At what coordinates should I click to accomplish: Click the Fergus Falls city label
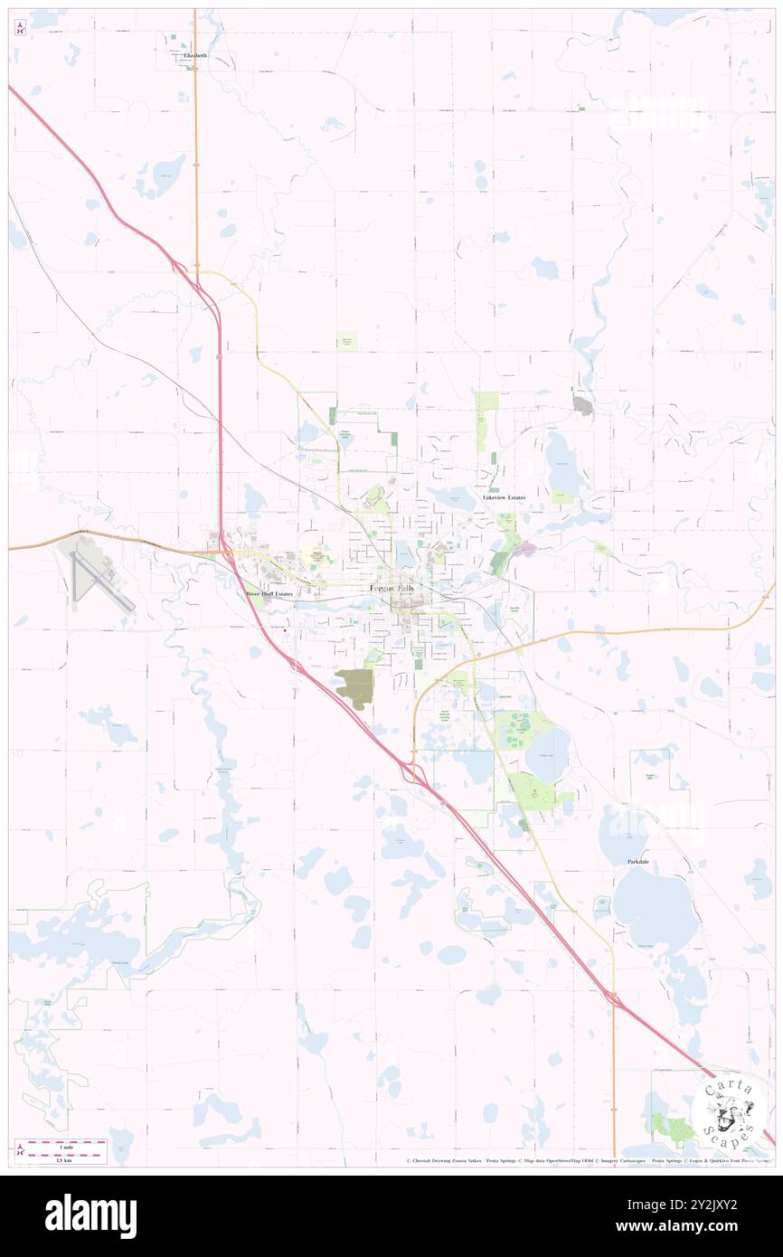(x=395, y=589)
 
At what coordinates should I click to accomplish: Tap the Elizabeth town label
(x=194, y=55)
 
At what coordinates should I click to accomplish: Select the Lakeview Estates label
(x=504, y=497)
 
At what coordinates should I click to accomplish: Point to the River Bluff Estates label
(x=270, y=593)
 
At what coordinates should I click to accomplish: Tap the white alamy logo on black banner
(x=90, y=1215)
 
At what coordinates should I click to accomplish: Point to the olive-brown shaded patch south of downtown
(x=354, y=686)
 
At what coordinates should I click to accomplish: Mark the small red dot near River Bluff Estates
(x=285, y=630)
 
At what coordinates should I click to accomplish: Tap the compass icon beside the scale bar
(x=20, y=1151)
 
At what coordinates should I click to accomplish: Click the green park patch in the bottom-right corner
(x=671, y=1127)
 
